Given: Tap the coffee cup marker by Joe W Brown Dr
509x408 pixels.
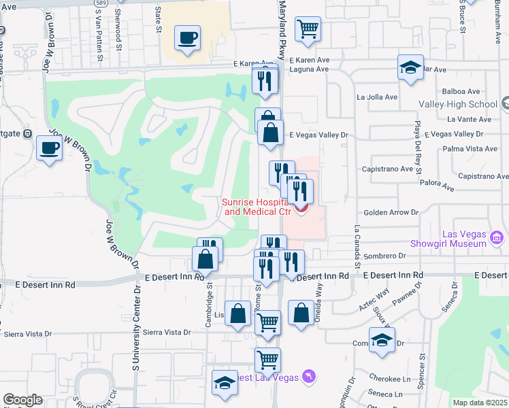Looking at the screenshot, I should [49, 148].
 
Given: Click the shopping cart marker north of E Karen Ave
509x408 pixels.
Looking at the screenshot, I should [308, 29].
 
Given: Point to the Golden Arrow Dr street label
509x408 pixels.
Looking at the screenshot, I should [391, 212].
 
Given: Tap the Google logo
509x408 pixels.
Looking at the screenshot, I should [22, 400].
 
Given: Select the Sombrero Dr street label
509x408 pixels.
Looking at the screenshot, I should [384, 256].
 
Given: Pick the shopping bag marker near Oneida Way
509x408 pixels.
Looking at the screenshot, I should [301, 313].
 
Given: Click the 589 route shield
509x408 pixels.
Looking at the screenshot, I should [99, 3].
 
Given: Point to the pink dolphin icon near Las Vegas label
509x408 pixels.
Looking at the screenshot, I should [310, 376].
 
